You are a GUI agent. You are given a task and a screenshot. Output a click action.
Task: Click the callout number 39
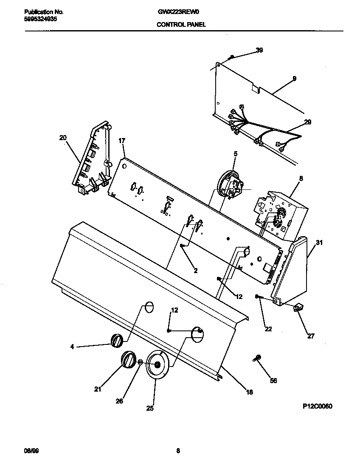(259, 50)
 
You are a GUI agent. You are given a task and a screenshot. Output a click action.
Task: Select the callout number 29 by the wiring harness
(307, 122)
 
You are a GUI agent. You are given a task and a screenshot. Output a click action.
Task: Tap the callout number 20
(63, 137)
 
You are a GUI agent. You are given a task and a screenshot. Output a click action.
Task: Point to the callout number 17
(122, 141)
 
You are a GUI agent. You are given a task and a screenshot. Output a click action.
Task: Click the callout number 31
(319, 243)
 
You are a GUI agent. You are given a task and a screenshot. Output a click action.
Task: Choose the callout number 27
(311, 336)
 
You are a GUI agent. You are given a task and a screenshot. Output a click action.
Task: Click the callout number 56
(273, 381)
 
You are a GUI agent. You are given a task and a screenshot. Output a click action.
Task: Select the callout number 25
(149, 408)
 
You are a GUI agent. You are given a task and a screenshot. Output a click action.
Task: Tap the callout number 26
(119, 401)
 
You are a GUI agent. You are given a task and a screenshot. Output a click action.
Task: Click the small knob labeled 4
(117, 340)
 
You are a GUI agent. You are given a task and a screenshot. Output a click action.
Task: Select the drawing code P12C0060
(317, 406)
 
